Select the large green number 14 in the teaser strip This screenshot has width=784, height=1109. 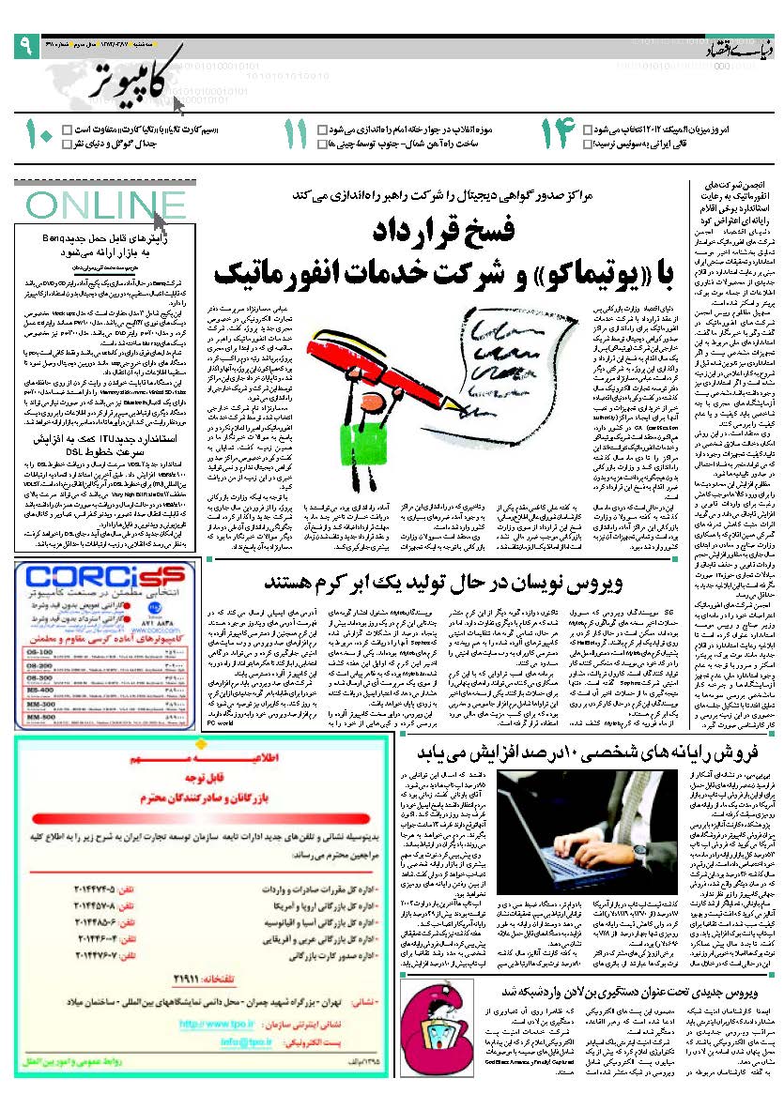[x=556, y=136]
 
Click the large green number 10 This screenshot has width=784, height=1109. [x=38, y=136]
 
